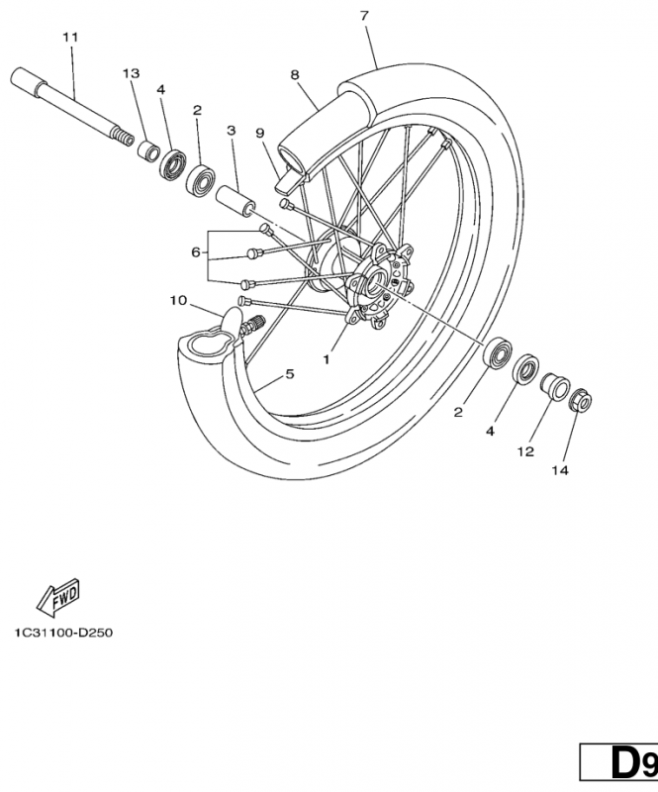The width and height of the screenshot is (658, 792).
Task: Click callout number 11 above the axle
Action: pos(69,38)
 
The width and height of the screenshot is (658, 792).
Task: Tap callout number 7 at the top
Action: pos(364,16)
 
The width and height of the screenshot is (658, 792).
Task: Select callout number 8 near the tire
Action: pos(295,74)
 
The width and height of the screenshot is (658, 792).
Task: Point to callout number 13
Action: pos(132,74)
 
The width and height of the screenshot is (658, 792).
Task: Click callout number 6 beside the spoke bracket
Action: pos(196,252)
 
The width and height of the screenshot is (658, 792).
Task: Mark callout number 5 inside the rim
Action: pos(290,374)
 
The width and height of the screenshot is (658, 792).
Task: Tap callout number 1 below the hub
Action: pos(326,360)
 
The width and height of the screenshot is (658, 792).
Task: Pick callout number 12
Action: pos(525,451)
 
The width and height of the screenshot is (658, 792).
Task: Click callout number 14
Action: pos(560,470)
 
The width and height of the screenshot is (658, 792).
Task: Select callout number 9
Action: pos(259,133)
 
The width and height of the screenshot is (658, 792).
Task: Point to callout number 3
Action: pos(231,130)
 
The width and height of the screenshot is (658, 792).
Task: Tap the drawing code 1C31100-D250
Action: pos(63,632)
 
